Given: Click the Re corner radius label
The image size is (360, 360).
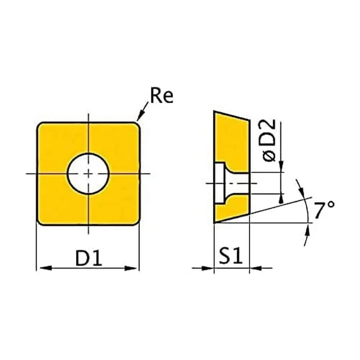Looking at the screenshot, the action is pos(162,95).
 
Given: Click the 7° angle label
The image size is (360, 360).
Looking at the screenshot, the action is pos(324,210).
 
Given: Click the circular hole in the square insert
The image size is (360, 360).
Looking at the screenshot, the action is pos(88,174).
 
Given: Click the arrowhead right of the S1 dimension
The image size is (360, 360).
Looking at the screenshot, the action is pos(256,268).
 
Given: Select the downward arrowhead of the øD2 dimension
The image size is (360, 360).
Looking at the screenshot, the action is pos(281,166).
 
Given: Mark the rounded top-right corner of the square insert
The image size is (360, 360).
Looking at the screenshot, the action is pos(137,126).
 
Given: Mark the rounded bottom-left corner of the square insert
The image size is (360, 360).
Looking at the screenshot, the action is pos(40,222).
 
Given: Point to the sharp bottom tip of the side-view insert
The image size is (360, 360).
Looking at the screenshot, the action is pos(214,223).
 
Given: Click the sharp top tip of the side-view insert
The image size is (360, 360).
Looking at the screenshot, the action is pos(214,111).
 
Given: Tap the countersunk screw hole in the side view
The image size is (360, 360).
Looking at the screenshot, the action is pos(231,183).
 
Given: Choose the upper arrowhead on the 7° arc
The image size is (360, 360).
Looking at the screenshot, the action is pos(302,190).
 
